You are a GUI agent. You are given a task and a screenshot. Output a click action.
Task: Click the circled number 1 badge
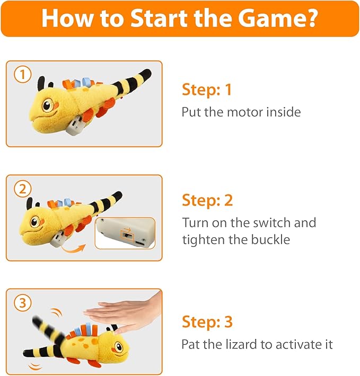pos(21,75)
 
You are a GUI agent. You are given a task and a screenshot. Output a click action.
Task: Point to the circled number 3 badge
pos(21,303)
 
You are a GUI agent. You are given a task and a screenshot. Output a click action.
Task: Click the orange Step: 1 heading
pos(207,89)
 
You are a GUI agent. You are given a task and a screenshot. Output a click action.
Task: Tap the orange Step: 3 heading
pos(207,321)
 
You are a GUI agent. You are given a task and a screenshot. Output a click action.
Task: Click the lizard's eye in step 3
pos(119,347)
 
